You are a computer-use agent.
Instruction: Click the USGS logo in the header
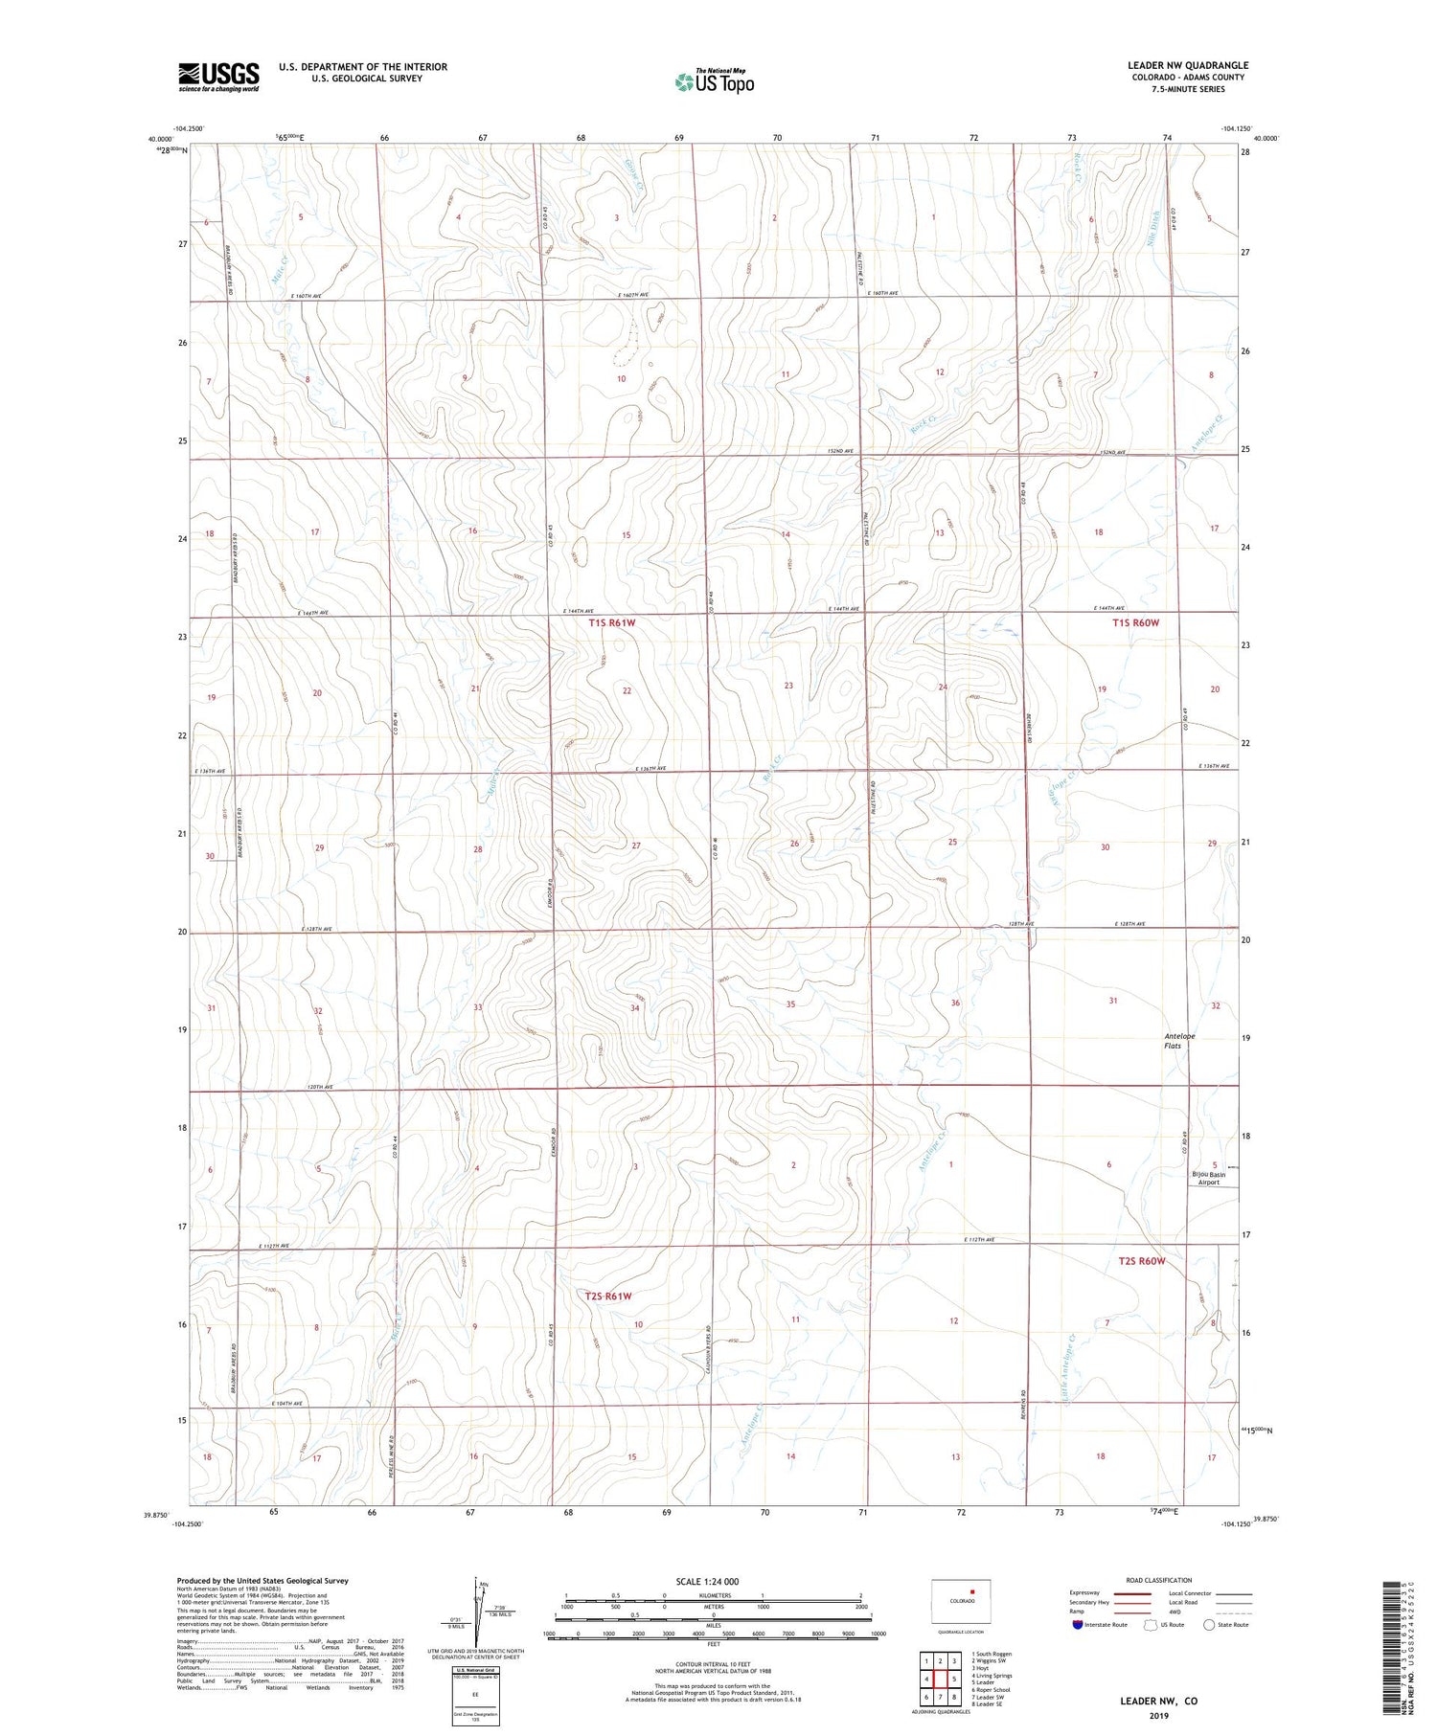(218, 77)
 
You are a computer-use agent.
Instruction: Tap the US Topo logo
(714, 82)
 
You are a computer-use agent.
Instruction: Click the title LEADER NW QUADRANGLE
(1187, 65)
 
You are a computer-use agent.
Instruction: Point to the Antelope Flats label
(1178, 1041)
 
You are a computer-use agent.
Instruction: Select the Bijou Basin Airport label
(1209, 1178)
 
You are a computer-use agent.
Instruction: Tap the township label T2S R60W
(1141, 1261)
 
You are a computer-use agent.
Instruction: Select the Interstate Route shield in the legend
(1078, 1625)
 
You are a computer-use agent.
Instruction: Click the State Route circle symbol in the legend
(1209, 1625)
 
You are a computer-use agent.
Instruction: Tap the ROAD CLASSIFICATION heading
(1158, 1580)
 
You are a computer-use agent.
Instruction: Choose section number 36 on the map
(955, 1003)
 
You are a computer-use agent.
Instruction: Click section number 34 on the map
(634, 1007)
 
